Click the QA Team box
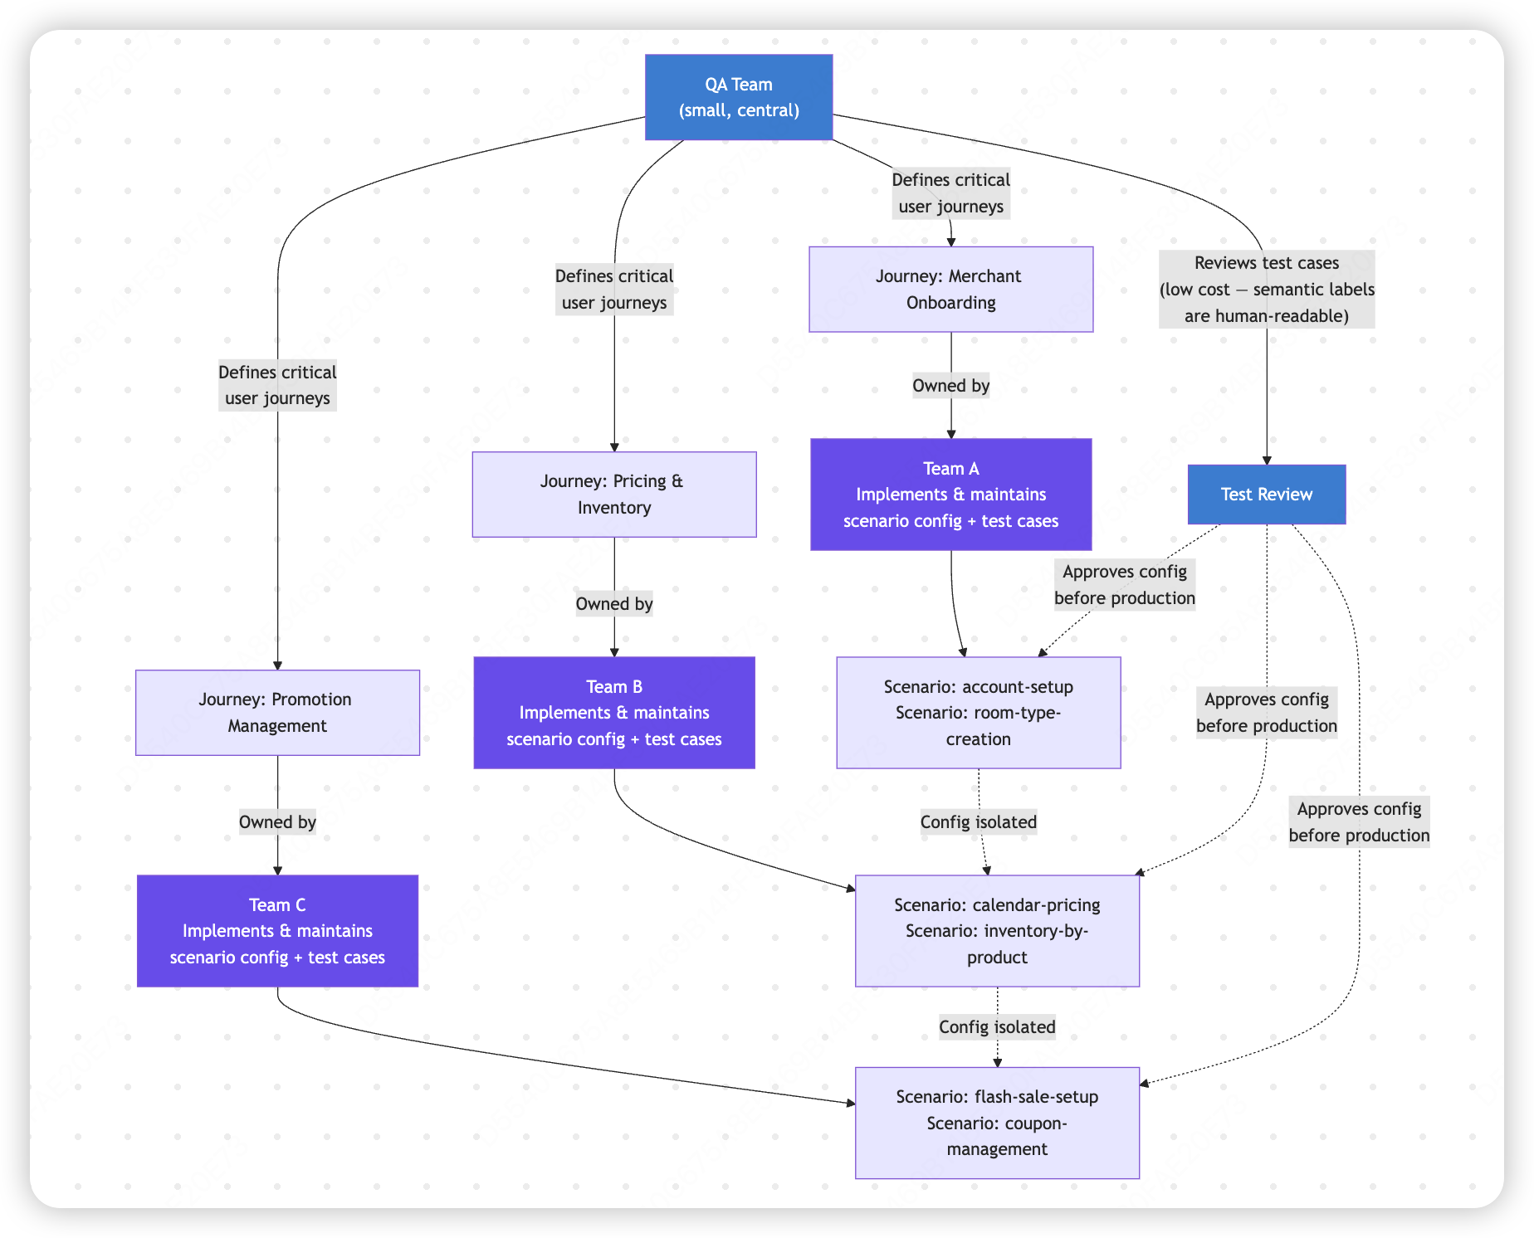click(739, 97)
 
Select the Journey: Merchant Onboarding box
click(951, 289)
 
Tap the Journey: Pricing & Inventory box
click(614, 495)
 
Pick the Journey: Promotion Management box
click(277, 713)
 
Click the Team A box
click(951, 495)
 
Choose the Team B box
click(614, 713)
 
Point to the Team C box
click(277, 931)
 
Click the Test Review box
click(1267, 495)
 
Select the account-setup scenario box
click(979, 713)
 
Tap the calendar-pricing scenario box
click(997, 931)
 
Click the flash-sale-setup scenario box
click(997, 1123)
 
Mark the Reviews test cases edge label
click(1267, 289)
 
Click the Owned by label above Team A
click(951, 385)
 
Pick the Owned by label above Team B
click(614, 603)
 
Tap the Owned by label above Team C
click(277, 821)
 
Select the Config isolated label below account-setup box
click(979, 821)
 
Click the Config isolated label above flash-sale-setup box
click(997, 1026)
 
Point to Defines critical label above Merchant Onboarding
click(951, 193)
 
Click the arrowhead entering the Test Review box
click(1267, 460)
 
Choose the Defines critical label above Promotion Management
click(277, 385)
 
